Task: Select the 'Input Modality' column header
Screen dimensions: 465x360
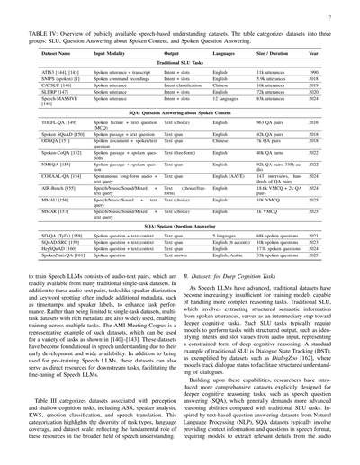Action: click(113, 55)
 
